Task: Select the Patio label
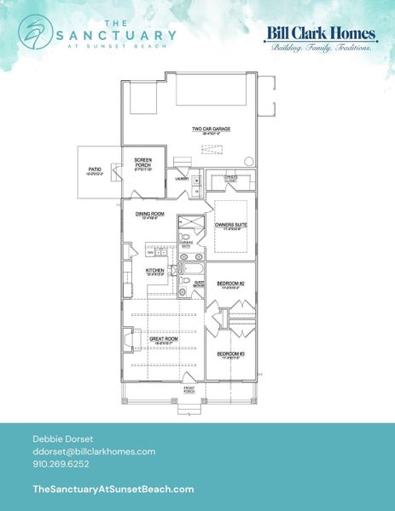pos(95,171)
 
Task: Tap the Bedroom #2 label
pos(231,283)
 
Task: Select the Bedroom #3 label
pos(231,353)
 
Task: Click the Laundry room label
pos(183,179)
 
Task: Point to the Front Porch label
pos(190,389)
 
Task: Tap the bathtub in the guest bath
pos(191,270)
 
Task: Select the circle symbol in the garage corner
pos(248,161)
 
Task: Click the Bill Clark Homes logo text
pos(322,34)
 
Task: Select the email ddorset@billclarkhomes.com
pos(93,451)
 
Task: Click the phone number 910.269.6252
pos(61,464)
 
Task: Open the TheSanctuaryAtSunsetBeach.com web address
pos(113,489)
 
